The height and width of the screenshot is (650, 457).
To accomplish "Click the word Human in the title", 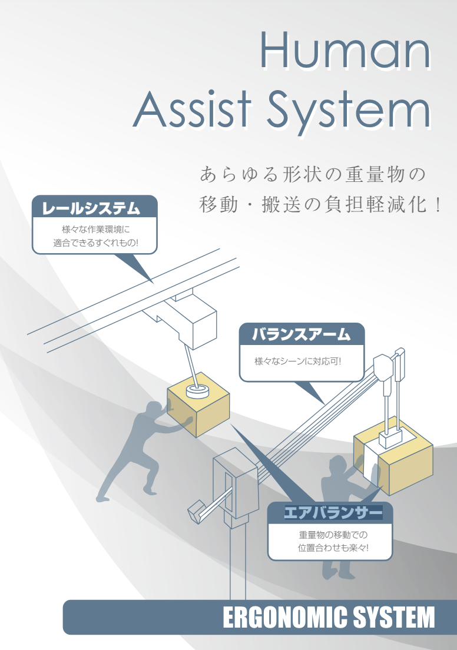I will [345, 52].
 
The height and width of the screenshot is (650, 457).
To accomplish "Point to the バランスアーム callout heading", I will [302, 335].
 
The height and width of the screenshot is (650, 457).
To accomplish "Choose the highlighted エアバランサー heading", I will [333, 513].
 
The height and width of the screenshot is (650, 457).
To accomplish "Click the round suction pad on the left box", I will [198, 390].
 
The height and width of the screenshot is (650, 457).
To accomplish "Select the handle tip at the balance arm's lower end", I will [194, 515].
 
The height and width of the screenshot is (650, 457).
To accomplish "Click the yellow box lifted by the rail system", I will [197, 406].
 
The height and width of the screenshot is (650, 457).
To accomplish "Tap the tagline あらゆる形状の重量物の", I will [312, 175].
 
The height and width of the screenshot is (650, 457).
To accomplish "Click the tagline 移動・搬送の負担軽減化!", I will [320, 205].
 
